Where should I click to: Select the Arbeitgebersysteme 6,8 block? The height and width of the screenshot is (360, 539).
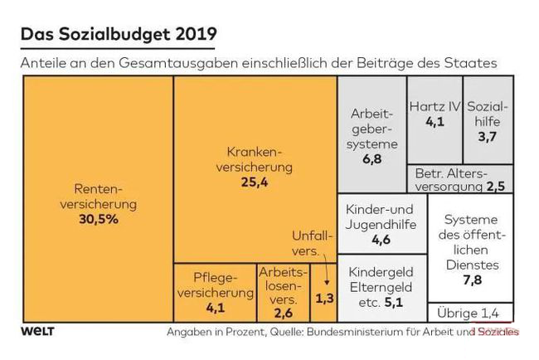pos(371,133)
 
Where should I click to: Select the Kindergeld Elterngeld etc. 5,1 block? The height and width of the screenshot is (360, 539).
pos(380,287)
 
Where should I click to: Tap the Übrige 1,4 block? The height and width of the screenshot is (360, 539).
pos(469,313)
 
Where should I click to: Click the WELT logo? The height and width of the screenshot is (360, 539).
pos(37,331)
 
